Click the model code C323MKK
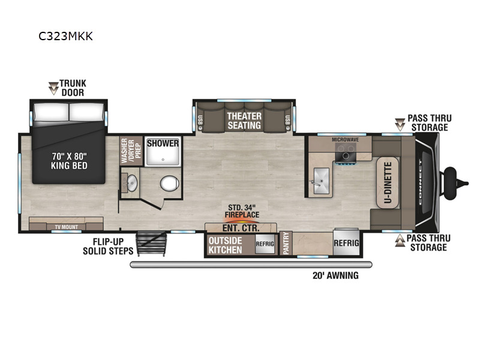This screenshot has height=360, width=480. pos(65,36)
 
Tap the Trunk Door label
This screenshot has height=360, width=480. pos(73,88)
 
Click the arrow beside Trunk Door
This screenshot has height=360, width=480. pos(53,88)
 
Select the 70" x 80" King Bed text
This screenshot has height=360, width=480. pos(69,161)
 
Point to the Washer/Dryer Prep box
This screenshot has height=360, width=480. pos(131,151)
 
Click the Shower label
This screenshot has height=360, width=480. pos(163,143)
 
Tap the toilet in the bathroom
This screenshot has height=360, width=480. pos(169,184)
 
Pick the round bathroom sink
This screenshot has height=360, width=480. pos(132,183)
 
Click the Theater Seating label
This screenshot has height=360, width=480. pos(244,121)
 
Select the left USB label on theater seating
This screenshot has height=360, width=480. pos(200,119)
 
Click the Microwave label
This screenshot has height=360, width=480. pos(346,140)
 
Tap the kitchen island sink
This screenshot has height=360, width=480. pos(321,181)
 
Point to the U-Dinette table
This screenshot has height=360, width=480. pos(388,183)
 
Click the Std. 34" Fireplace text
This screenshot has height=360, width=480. pos(242,211)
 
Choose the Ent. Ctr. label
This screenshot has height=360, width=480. pos(241,228)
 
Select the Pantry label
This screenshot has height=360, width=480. pos(286,243)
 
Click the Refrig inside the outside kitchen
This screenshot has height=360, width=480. pos(265,244)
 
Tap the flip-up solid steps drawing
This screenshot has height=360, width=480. pos(152,244)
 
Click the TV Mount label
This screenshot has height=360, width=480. pos(66,227)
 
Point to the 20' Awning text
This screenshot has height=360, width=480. pos(335,275)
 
